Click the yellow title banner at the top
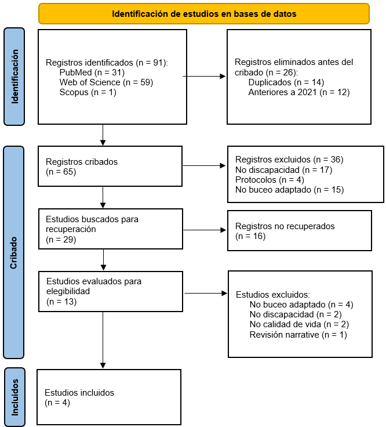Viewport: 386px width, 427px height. tap(204, 13)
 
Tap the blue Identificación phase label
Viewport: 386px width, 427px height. tap(14, 77)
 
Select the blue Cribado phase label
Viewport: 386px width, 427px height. tap(13, 252)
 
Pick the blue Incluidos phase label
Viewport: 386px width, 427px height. tap(14, 397)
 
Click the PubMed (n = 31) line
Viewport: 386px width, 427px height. tap(92, 73)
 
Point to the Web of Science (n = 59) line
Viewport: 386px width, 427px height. tap(106, 82)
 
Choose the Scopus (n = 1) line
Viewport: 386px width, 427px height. tap(88, 92)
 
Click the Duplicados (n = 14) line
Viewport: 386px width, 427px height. tap(286, 82)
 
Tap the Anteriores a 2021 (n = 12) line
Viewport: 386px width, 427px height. tap(299, 92)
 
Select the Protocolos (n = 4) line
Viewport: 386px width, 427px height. tap(270, 180)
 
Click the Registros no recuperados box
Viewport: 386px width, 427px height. tap(300, 230)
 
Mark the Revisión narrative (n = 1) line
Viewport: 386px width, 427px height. tap(298, 334)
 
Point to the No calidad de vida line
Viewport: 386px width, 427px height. tap(299, 324)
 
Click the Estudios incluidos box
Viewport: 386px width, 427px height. tap(109, 397)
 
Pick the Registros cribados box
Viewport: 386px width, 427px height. tap(110, 167)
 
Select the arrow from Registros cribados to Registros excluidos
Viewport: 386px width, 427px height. tap(204, 165)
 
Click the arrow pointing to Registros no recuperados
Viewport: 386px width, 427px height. tap(205, 230)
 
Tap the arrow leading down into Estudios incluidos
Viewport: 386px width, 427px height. tap(103, 340)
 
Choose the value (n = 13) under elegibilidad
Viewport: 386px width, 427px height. tap(61, 302)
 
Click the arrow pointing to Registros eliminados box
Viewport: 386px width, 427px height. tap(204, 76)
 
